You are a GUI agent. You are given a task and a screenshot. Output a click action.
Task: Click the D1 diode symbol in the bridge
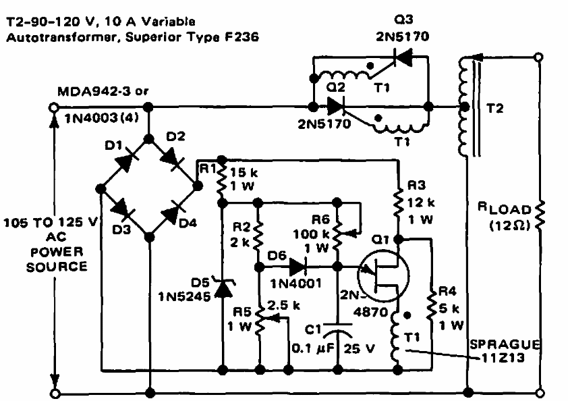tap(123, 161)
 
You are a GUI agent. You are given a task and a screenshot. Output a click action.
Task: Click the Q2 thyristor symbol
tap(335, 107)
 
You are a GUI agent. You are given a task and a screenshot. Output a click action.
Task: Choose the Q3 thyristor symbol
tap(403, 59)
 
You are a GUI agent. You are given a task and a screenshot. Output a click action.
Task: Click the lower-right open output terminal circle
tap(540, 392)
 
